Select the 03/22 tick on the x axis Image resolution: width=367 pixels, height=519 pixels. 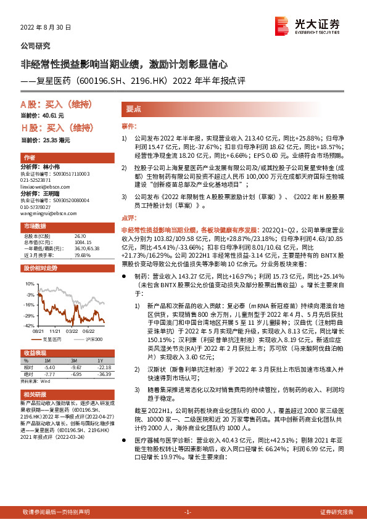[x=72, y=330]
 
